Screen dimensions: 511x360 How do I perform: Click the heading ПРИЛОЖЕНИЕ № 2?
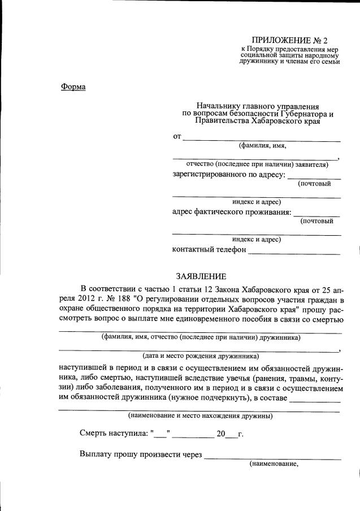click(281, 41)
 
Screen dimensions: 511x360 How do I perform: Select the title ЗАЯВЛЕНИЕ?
click(201, 276)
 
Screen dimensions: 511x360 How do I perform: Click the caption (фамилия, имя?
click(262, 145)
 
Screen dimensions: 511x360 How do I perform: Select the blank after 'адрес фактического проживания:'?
click(317, 214)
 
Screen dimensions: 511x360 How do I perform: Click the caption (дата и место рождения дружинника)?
click(201, 356)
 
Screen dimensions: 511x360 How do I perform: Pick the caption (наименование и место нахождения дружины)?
click(201, 417)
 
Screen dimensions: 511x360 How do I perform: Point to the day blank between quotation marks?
click(161, 436)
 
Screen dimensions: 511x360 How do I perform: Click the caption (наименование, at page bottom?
click(274, 464)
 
